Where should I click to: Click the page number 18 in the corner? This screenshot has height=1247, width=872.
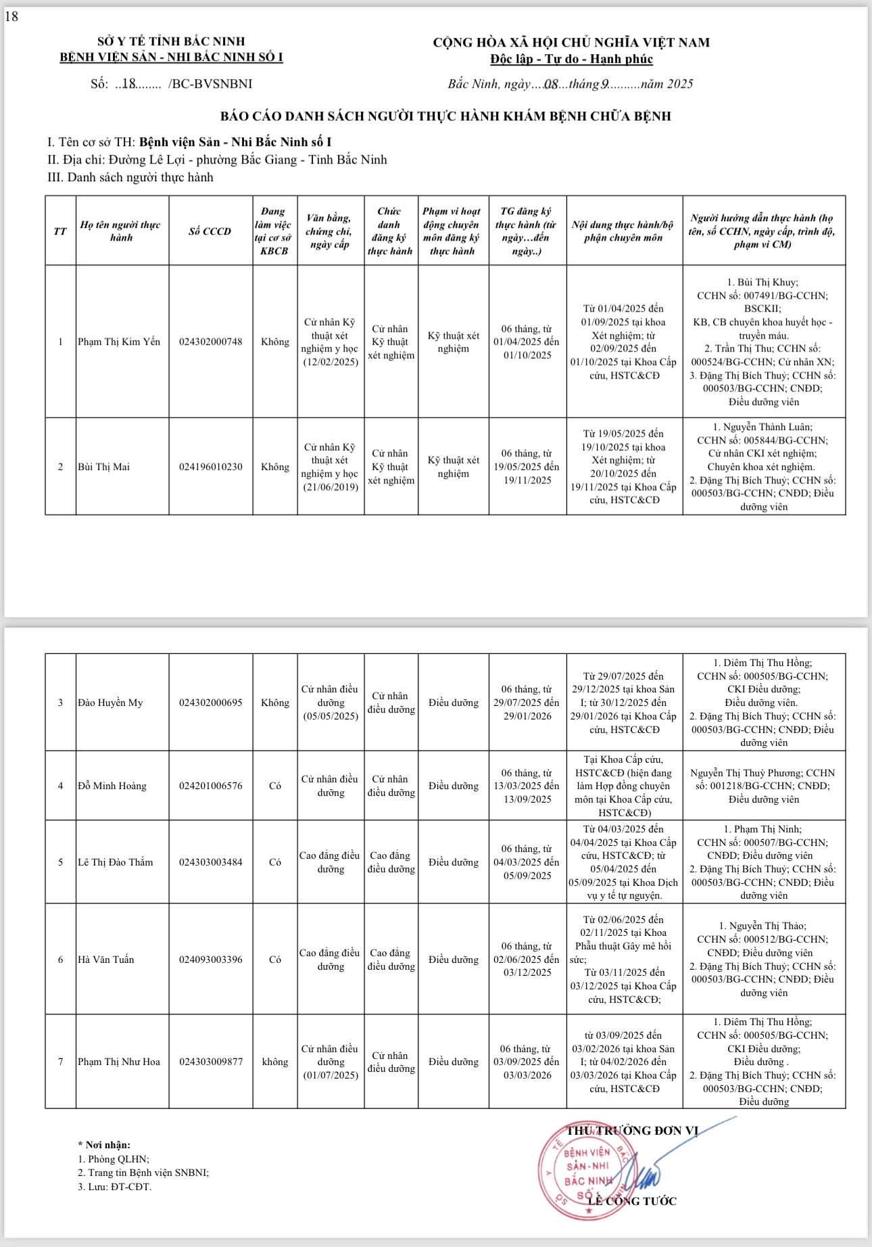point(11,17)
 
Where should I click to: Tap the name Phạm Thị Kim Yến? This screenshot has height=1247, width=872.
point(119,342)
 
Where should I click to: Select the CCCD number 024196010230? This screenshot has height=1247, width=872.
point(210,467)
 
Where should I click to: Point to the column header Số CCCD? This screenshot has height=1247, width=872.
point(210,231)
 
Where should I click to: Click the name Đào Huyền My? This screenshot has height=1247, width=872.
point(110,703)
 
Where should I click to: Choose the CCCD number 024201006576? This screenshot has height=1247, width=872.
point(210,786)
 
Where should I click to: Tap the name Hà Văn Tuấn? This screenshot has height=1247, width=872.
point(106,960)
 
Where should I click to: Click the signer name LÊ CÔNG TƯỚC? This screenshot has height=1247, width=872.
point(632,1201)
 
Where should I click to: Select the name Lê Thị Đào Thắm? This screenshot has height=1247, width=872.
point(116,862)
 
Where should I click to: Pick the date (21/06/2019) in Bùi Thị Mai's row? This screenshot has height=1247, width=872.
point(331,487)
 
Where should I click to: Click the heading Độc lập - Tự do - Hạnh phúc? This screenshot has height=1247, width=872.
point(571,59)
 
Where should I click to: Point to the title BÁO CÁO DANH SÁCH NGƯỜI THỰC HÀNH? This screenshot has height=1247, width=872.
point(445,116)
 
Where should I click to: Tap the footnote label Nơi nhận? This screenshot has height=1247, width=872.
point(107,1145)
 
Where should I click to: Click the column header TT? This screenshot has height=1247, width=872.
point(60,231)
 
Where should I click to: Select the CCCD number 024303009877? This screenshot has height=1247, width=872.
point(210,1062)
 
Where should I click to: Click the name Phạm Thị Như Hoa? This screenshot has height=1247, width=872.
point(119,1062)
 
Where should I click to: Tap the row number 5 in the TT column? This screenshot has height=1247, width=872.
point(60,862)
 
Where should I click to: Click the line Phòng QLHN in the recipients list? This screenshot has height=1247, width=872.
point(114,1159)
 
